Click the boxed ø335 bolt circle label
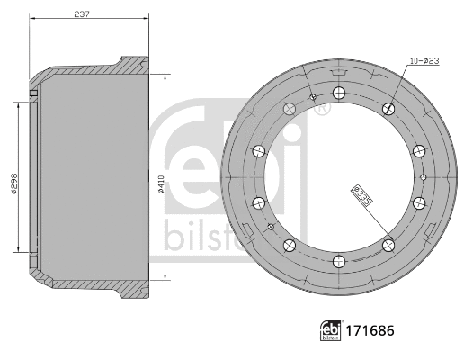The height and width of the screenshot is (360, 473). [362, 197]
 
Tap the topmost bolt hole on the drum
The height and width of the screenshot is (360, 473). [338, 93]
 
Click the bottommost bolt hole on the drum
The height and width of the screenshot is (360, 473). [338, 261]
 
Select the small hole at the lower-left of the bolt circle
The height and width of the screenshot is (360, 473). [270, 228]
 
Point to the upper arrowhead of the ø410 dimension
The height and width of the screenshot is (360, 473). [166, 77]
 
